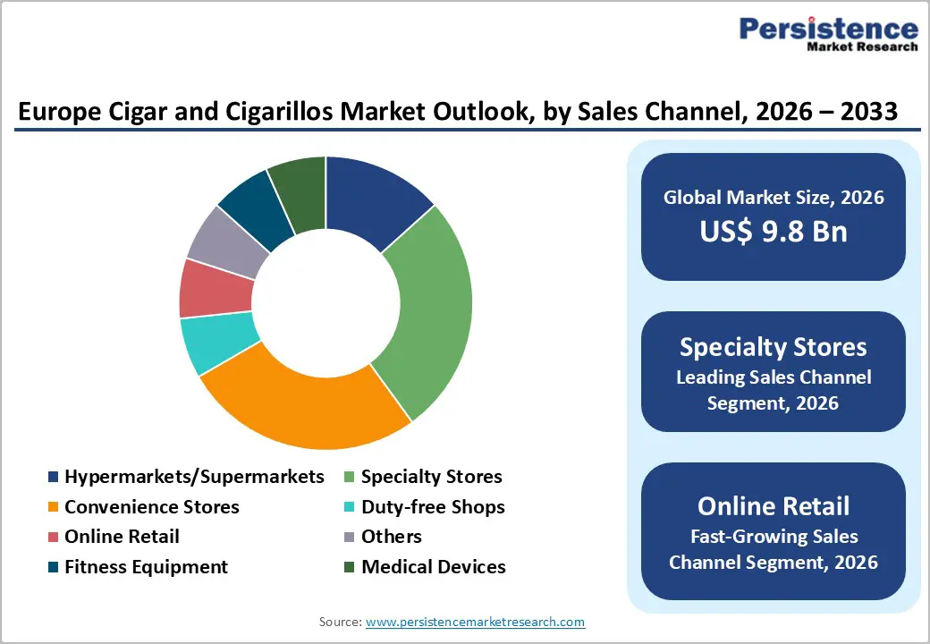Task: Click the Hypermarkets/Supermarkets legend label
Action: click(x=194, y=477)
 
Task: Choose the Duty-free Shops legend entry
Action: click(x=433, y=507)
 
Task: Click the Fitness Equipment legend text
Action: click(x=146, y=567)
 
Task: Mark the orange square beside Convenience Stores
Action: click(x=53, y=508)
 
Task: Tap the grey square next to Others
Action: click(x=350, y=538)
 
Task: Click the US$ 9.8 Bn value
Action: click(x=773, y=232)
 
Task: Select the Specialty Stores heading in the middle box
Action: click(x=773, y=347)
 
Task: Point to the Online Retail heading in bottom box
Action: click(x=773, y=505)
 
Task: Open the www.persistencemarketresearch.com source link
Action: click(x=475, y=621)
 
